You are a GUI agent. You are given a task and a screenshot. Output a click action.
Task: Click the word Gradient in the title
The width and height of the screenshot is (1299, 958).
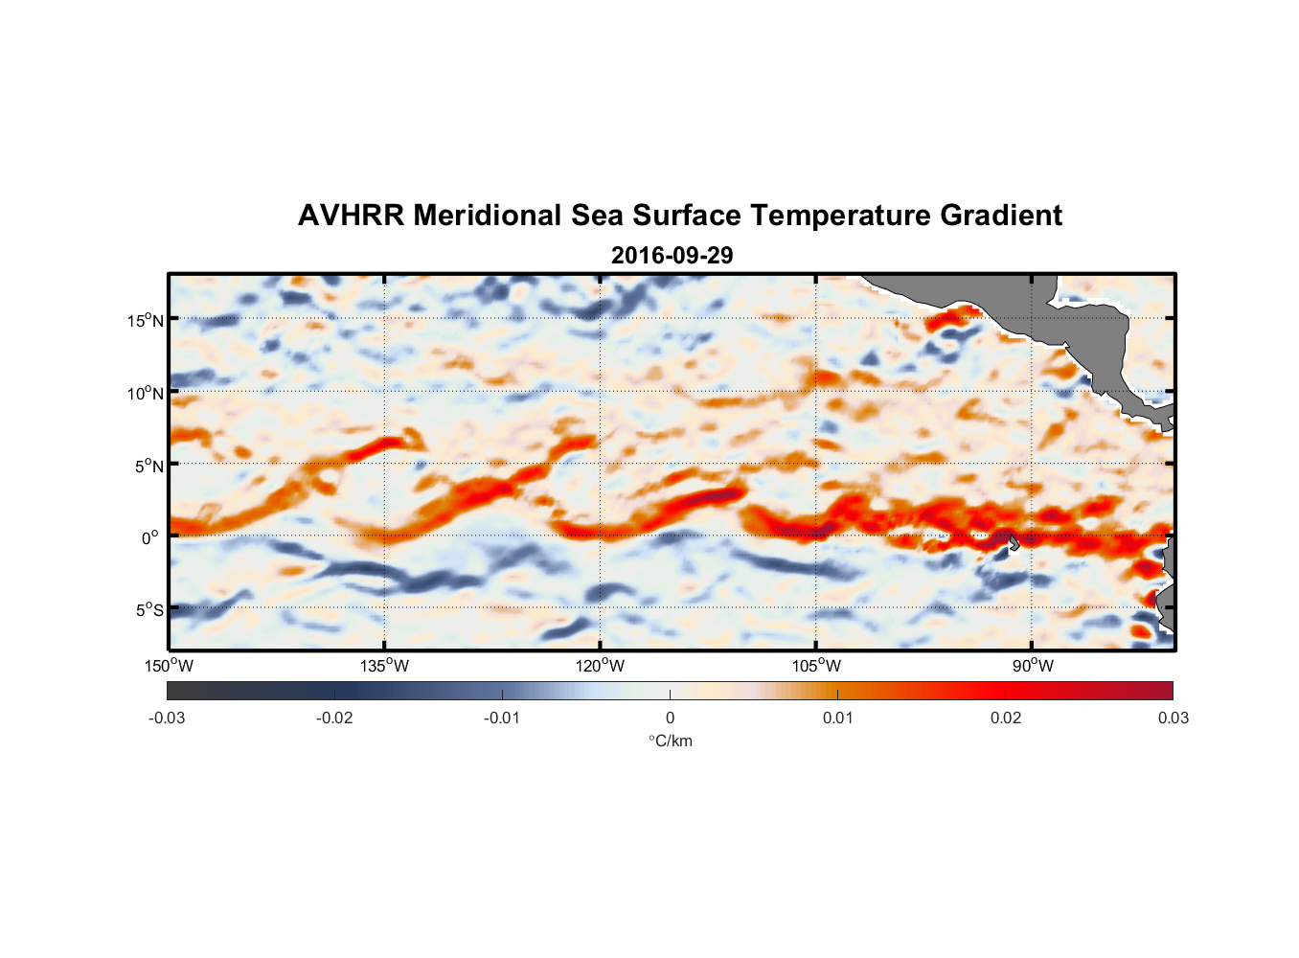point(1001,216)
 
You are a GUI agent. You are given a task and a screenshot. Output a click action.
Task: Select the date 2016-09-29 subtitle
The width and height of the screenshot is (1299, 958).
point(672,256)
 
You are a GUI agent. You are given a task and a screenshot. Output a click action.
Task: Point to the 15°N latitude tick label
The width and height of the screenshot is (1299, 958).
point(146,320)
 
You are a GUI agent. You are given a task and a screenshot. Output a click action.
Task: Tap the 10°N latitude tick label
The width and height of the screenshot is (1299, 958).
point(146,393)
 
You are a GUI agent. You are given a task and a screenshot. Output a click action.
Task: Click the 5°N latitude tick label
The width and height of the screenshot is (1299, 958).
point(149,466)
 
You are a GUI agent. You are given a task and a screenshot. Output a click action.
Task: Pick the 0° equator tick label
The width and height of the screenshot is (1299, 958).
point(150,537)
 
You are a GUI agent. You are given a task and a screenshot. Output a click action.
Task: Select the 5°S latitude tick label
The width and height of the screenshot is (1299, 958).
point(149,610)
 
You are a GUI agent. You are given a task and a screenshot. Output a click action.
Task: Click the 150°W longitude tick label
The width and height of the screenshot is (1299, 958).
point(170,666)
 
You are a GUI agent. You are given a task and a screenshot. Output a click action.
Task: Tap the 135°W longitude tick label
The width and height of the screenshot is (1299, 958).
point(385,666)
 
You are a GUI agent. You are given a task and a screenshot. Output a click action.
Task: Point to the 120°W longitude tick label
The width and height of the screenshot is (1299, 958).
point(601,666)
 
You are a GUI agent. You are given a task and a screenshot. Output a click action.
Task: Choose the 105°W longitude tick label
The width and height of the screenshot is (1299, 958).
point(816,666)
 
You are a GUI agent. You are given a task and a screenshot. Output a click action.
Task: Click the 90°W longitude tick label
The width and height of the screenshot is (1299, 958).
point(1033,666)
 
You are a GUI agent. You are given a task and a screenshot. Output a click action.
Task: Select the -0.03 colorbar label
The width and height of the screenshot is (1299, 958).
point(167,718)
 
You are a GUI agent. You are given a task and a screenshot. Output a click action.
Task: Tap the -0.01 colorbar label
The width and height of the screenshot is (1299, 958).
point(502,718)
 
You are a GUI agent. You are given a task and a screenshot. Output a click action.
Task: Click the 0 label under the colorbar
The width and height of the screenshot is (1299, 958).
point(670,718)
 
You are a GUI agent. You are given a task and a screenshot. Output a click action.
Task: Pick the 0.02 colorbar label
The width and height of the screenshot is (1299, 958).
point(1006,718)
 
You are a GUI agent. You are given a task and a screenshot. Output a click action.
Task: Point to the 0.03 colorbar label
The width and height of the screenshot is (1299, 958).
point(1173,718)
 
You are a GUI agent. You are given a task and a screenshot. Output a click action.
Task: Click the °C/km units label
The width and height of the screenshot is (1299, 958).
point(671,741)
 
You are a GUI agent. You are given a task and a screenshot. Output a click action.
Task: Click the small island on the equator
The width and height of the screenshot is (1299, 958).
point(1013,541)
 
